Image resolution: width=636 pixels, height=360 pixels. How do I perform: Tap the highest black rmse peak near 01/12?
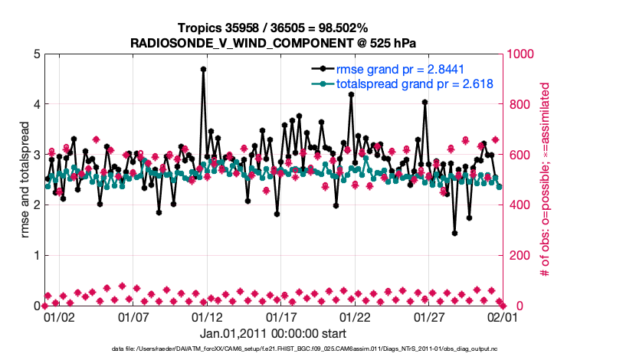203,69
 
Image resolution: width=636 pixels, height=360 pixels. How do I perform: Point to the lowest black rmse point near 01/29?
454,233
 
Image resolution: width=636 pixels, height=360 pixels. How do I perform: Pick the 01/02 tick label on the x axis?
58,316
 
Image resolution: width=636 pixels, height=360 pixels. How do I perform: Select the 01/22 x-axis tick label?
354,316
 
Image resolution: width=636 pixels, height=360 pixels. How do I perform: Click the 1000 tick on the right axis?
520,54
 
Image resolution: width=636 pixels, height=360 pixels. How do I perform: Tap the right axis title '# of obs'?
546,180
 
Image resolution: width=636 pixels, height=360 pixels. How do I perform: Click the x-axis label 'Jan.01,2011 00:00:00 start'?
273,333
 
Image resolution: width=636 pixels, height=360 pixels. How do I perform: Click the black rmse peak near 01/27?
425,102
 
